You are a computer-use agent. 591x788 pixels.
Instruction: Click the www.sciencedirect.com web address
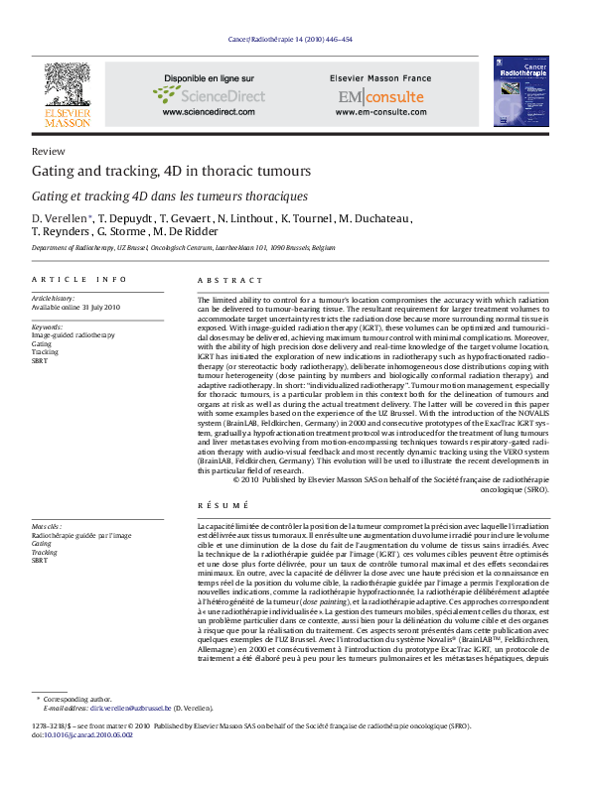[209, 113]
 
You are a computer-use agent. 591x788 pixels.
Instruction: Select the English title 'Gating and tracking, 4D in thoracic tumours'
[171, 172]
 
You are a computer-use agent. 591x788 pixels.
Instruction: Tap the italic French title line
[170, 197]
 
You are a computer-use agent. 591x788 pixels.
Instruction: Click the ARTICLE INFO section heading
[79, 280]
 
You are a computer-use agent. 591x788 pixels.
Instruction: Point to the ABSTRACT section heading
[222, 280]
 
